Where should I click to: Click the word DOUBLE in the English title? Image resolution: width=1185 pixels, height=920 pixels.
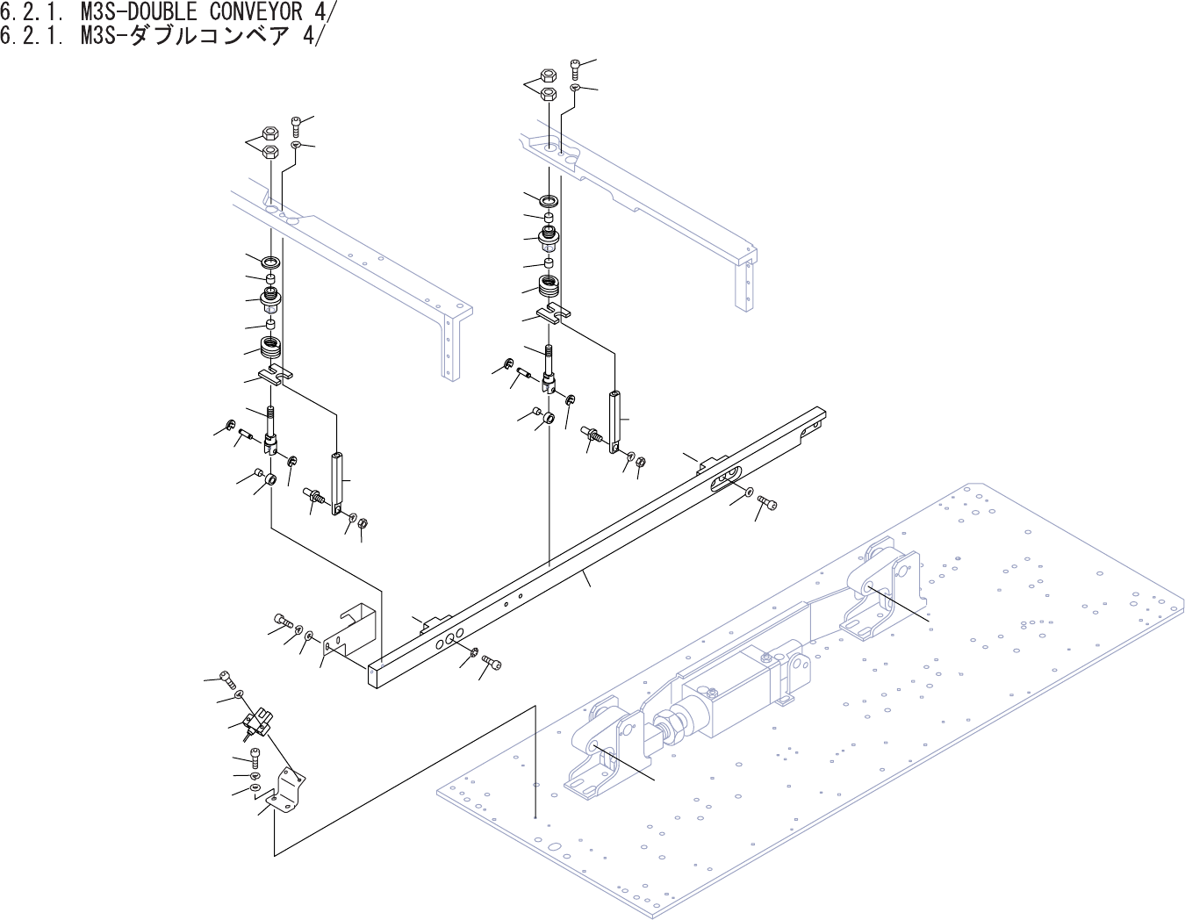pos(162,11)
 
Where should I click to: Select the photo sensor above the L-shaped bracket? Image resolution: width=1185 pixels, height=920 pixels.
pos(255,722)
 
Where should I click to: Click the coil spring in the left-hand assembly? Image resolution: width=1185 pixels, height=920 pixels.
pos(271,348)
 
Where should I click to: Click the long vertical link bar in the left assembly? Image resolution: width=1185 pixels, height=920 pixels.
pos(338,483)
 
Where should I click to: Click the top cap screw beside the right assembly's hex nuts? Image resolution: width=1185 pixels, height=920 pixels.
pos(575,67)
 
